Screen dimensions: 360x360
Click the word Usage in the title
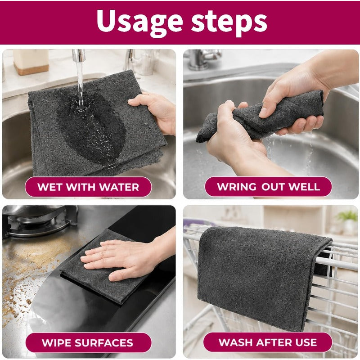[x=139, y=22]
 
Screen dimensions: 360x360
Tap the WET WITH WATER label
[x=88, y=187]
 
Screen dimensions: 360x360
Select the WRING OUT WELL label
[x=268, y=187]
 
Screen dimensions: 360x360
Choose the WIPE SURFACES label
[x=88, y=343]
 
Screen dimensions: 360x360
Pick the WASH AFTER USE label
[x=268, y=342]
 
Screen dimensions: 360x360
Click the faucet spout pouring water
[x=78, y=55]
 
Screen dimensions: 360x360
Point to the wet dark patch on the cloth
[x=91, y=127]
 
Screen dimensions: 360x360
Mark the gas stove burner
[x=40, y=221]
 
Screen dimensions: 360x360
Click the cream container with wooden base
[x=31, y=62]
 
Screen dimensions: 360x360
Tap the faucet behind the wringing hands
[x=202, y=59]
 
